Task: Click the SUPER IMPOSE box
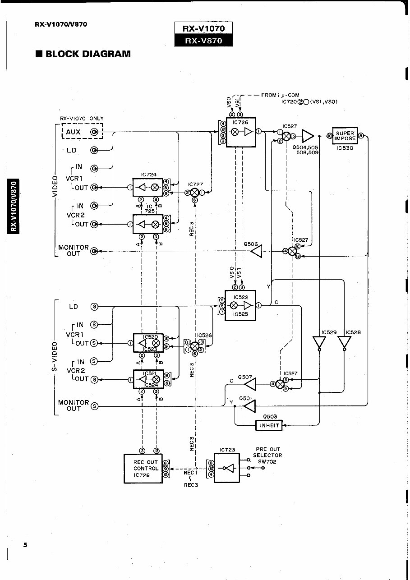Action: pos(345,136)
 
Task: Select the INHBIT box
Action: pos(269,425)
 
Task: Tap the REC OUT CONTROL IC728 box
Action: pos(143,469)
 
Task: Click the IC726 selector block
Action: pos(241,132)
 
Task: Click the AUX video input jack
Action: pos(94,132)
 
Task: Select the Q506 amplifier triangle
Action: pos(256,251)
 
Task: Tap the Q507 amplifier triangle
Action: pos(250,384)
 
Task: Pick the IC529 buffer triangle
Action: pos(319,342)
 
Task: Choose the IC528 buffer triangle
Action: pos(345,342)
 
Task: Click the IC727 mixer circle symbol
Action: pos(195,193)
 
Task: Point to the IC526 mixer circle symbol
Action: pos(195,346)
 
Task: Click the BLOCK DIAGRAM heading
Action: pos(83,54)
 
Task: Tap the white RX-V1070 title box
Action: pos(203,28)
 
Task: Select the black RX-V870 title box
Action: pos(203,40)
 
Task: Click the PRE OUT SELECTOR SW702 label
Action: pos(267,456)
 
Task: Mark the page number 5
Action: pos(26,545)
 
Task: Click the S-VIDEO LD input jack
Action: pos(94,307)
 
